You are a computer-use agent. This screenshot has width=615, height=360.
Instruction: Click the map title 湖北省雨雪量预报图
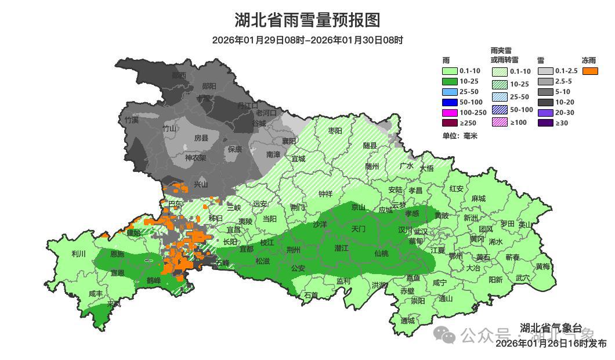coord(307,20)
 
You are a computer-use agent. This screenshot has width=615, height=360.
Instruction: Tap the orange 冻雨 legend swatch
coord(591,71)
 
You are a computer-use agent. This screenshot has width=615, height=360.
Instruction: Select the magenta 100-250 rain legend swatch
coord(450,112)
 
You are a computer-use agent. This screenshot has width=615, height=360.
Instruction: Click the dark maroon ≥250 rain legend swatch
coord(450,123)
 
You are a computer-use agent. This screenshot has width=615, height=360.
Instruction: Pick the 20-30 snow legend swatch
coord(545,113)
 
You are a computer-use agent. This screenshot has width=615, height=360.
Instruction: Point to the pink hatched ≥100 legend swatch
coord(499,122)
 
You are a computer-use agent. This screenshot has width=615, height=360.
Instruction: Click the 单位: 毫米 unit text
coord(460,136)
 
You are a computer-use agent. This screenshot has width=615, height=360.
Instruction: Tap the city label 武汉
coord(420,232)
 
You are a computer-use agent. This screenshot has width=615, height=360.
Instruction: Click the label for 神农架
coord(196,157)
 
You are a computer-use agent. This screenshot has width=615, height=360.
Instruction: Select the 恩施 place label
coord(117,254)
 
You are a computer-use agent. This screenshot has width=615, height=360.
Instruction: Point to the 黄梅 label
coord(543,267)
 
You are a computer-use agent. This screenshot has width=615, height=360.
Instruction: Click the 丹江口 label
coord(248,105)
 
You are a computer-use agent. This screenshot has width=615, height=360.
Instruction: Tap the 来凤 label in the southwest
coord(114,304)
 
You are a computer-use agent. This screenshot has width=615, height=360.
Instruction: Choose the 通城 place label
coord(407,321)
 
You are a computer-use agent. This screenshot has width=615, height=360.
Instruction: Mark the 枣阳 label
coord(335,131)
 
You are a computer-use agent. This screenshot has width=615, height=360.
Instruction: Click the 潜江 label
coord(342,248)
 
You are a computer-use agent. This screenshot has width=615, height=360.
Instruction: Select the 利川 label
coord(78,254)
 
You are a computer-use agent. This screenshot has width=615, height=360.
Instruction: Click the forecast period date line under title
coord(307,40)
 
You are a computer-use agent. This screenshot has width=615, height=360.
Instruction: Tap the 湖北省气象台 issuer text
coord(551,328)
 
